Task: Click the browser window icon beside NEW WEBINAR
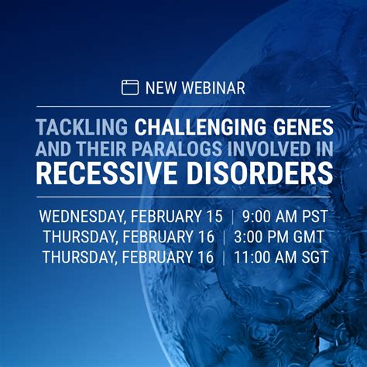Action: tap(130, 87)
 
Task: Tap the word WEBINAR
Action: tap(214, 87)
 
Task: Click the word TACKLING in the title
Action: tap(82, 127)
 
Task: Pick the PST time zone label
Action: tap(314, 215)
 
